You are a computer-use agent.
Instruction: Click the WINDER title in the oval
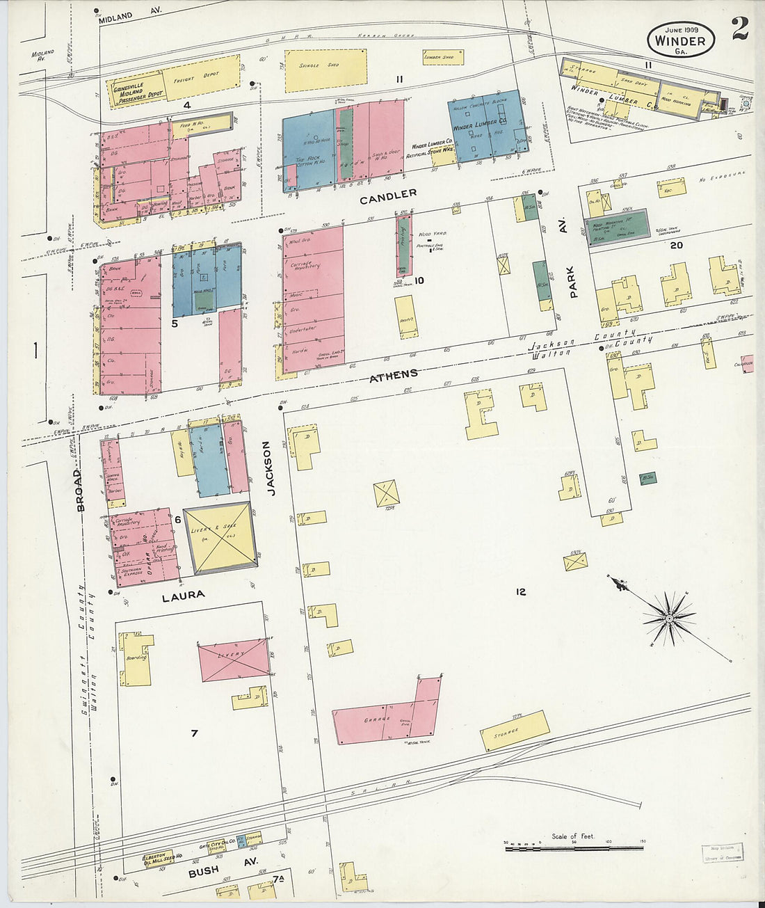pos(680,40)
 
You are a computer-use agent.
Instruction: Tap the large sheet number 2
pos(739,29)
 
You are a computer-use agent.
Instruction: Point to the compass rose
pos(668,617)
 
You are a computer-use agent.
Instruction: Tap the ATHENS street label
pos(394,375)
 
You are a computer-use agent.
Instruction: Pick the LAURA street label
pos(183,596)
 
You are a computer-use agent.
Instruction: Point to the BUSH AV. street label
pos(214,870)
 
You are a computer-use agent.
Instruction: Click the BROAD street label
pos(80,490)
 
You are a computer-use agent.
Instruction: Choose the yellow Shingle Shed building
pos(325,70)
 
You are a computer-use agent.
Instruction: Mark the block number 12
pos(520,592)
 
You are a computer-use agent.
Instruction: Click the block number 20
pos(676,245)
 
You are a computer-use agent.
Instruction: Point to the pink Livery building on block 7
pos(234,660)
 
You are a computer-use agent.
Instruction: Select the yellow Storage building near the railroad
pos(515,731)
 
